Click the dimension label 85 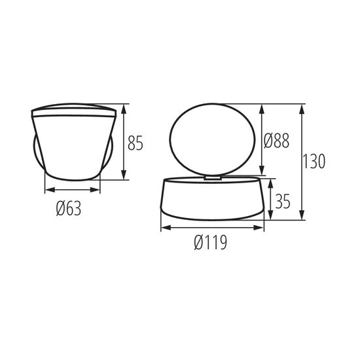(135, 142)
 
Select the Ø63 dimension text (68, 209)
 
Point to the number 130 (315, 161)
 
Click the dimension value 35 (283, 201)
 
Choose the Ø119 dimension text (211, 243)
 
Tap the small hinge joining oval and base (213, 175)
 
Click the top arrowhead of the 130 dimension (302, 107)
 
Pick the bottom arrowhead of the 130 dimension (302, 218)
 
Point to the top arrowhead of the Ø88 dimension (262, 107)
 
